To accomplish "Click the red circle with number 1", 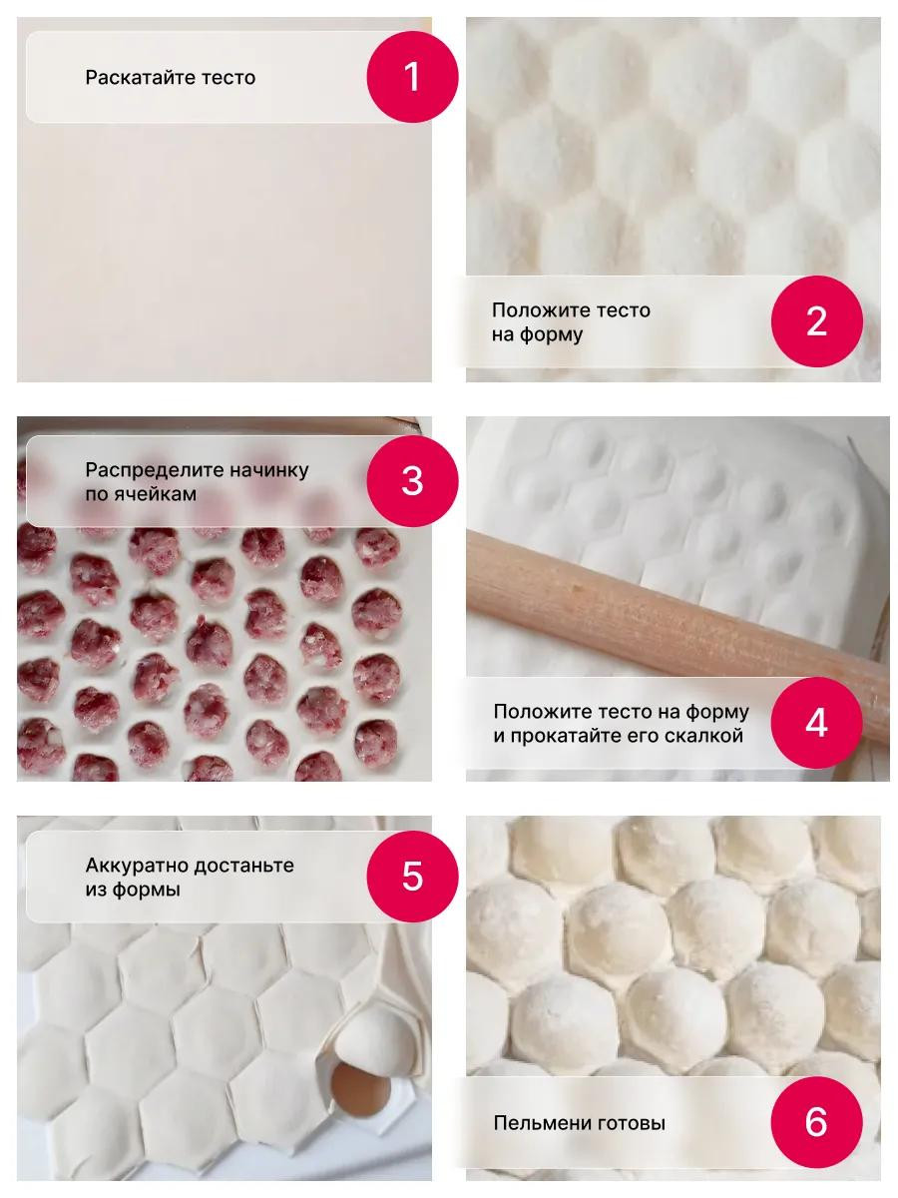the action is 412,77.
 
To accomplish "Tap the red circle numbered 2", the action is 816,320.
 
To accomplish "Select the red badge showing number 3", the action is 412,481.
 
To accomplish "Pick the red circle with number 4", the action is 816,723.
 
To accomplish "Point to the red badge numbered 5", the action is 412,877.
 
